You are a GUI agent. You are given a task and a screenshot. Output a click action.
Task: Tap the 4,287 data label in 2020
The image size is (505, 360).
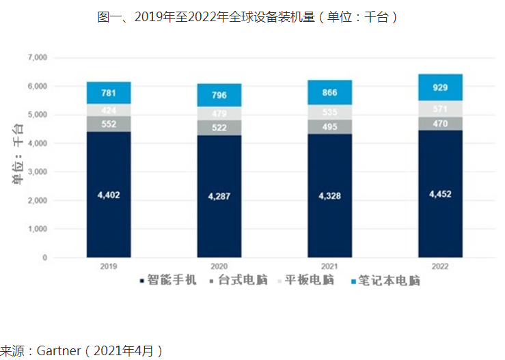point(220,197)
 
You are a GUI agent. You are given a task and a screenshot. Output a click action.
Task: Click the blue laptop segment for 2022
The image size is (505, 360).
point(440,87)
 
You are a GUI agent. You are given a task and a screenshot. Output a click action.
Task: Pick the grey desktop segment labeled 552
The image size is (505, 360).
point(108,124)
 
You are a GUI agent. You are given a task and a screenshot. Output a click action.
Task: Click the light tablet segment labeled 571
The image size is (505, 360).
point(440,109)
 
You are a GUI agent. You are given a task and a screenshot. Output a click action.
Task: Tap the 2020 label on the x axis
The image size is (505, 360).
point(220,267)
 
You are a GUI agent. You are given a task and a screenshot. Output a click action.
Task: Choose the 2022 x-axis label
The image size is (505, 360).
point(440,267)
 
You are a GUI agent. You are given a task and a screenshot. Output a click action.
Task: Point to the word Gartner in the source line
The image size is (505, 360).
point(59,351)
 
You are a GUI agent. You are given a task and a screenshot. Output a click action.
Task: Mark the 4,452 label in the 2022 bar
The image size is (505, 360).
point(440,194)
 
